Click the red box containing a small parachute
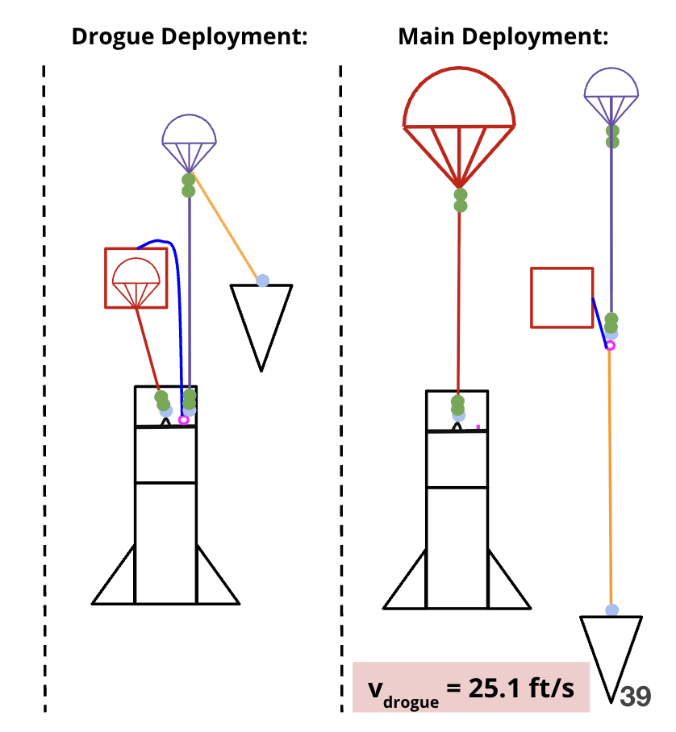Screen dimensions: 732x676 (136, 277)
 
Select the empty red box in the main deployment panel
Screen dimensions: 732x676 (561, 297)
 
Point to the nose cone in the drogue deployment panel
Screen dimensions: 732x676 (261, 318)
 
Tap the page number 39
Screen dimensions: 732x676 (636, 697)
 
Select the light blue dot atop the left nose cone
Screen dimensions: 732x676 (262, 281)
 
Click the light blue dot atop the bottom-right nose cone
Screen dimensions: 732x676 (612, 610)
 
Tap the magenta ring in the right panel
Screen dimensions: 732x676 (610, 346)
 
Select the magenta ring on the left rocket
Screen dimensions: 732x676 (184, 420)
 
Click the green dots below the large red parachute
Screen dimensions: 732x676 (461, 200)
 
